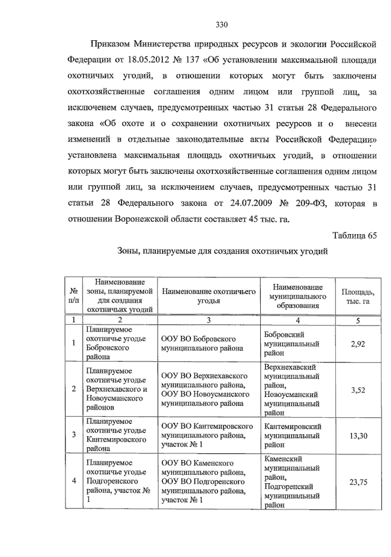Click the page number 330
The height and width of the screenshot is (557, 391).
(222, 25)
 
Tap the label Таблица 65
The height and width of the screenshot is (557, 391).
(355, 236)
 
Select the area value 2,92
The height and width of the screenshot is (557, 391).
(358, 344)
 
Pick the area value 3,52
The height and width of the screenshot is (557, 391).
(358, 390)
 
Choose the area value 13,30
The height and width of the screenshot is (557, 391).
(358, 436)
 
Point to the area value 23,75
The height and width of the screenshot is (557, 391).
(358, 482)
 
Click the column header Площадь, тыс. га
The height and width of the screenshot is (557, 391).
(358, 297)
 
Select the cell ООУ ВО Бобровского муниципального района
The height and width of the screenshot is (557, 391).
(202, 344)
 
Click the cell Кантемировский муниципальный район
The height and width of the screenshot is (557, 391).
(292, 435)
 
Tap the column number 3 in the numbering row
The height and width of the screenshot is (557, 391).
(209, 320)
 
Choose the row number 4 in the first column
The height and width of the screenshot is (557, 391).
(74, 481)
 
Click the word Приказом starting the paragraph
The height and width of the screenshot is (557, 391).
(110, 44)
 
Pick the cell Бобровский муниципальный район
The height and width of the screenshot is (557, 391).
(291, 344)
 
